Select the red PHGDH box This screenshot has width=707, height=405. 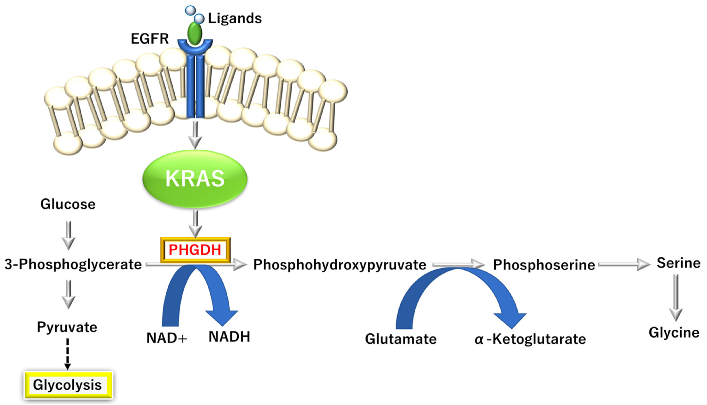pyautogui.click(x=195, y=250)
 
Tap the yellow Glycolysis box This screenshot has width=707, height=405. pyautogui.click(x=68, y=385)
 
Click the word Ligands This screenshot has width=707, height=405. pyautogui.click(x=235, y=19)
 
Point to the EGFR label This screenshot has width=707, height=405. pyautogui.click(x=150, y=39)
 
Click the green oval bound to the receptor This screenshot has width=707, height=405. pyautogui.click(x=195, y=33)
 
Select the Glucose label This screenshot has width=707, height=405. pyautogui.click(x=68, y=204)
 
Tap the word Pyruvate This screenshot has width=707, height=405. pyautogui.click(x=67, y=327)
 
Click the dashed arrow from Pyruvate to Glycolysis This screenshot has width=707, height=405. pyautogui.click(x=67, y=354)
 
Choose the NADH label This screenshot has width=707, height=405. pyautogui.click(x=229, y=337)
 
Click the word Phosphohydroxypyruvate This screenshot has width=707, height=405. pyautogui.click(x=340, y=264)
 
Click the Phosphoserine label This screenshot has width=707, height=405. pyautogui.click(x=544, y=264)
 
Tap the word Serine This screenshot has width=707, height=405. pyautogui.click(x=678, y=263)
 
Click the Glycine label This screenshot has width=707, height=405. pyautogui.click(x=674, y=332)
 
